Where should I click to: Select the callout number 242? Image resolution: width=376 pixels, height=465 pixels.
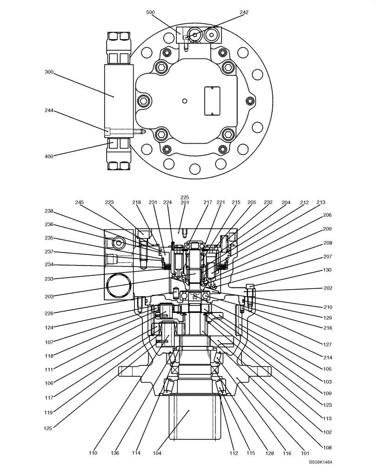(231, 12)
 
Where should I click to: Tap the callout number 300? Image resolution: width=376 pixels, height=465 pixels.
(49, 72)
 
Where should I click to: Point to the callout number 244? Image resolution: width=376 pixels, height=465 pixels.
(49, 111)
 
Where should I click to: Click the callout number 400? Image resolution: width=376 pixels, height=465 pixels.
(49, 156)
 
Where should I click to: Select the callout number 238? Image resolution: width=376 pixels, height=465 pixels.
(49, 211)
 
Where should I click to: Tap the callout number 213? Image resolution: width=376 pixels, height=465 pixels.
(321, 203)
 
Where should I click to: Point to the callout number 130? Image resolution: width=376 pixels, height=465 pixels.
(327, 270)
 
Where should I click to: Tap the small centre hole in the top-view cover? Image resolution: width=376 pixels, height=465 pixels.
(185, 101)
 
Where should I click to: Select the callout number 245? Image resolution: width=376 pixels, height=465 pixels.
(80, 203)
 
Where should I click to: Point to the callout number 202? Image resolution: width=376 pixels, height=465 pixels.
(327, 288)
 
